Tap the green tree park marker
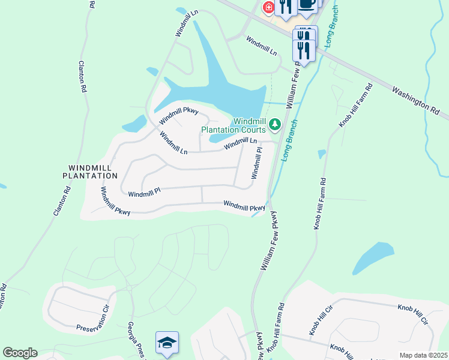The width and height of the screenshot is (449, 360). pos(275,124)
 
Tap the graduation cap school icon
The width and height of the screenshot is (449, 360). pos(167,343)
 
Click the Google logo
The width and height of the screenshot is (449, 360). pos(20,353)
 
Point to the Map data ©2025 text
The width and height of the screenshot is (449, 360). pos(423,355)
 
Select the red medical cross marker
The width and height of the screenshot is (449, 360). pos(268,8)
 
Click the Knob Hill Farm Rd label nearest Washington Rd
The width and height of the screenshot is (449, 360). pos(355,106)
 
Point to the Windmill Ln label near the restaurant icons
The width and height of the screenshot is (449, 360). pos(261,46)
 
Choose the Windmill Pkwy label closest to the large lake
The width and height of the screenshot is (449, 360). pos(178,115)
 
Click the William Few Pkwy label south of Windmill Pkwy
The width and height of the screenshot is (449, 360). pos(268,240)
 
